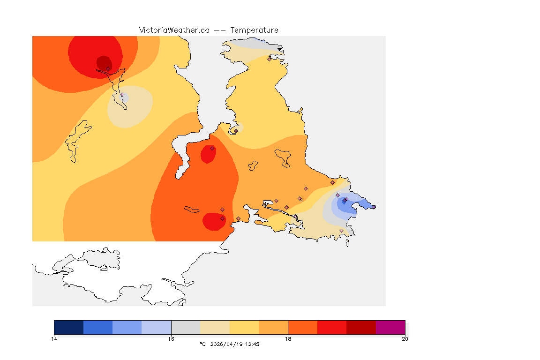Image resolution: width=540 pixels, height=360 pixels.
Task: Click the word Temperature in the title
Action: point(254,30)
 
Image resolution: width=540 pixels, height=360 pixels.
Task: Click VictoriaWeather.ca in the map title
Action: point(174,30)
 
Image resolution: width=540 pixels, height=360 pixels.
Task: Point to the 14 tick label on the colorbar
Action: point(54,339)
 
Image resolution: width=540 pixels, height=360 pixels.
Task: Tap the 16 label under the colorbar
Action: point(171,339)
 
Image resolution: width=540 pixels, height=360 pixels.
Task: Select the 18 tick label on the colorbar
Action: point(288,339)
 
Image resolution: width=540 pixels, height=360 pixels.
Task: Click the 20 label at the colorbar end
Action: point(405,339)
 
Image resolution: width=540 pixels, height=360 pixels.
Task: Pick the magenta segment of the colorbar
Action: point(390,327)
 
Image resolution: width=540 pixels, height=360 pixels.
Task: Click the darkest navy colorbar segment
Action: point(69,327)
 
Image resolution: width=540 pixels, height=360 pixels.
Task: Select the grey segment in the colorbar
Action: point(186,327)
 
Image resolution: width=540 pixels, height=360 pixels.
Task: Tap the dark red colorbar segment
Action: point(361,327)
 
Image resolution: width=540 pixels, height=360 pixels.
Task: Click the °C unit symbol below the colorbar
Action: point(202,344)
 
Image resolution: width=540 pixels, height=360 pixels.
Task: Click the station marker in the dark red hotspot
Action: point(108,68)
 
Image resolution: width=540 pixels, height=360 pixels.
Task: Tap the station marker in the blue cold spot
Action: point(345,201)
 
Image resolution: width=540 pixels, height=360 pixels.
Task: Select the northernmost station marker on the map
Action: point(269,59)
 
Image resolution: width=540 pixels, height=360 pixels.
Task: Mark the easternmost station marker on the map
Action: point(374,207)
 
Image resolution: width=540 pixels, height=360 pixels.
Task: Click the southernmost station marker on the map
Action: point(341,231)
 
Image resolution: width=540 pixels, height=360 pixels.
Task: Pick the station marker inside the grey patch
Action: point(122,94)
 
